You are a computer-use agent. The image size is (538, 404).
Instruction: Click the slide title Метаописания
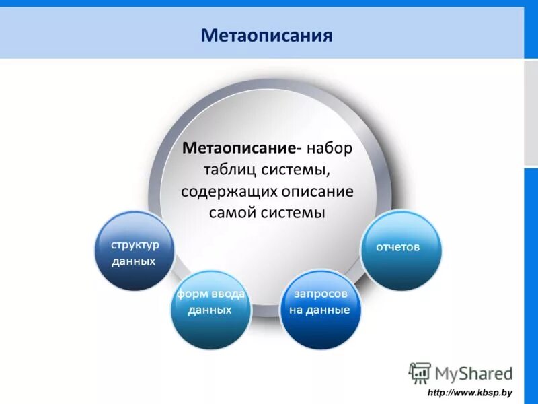pos(266,34)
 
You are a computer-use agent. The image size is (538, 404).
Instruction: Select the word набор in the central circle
pos(329,147)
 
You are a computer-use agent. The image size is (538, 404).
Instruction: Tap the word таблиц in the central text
pos(231,169)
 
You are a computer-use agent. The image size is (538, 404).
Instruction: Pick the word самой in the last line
pos(232,213)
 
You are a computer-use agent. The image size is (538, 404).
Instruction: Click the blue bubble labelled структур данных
pos(134,251)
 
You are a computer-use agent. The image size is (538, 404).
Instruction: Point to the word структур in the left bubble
pos(135,244)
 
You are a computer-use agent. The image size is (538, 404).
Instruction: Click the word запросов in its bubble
pos(320,294)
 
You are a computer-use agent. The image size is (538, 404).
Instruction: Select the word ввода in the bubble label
pos(229,294)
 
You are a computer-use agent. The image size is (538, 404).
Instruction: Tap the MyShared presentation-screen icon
pos(420,373)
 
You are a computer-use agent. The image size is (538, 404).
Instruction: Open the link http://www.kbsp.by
pos(470,393)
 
